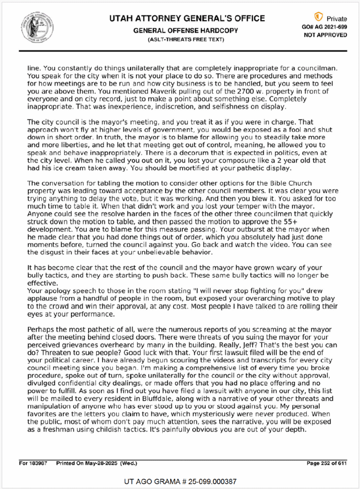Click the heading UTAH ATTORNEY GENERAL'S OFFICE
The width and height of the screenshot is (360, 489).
tap(187, 19)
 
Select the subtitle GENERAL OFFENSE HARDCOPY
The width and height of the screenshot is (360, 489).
tap(186, 30)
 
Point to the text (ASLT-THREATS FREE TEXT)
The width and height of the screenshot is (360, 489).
tap(186, 39)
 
